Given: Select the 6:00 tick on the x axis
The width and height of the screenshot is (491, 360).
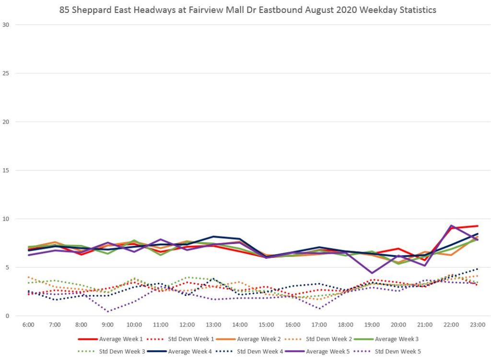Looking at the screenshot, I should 28,325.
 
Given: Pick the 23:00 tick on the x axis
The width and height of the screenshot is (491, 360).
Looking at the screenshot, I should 478,325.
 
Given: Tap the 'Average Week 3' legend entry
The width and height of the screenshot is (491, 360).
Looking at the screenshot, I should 396,339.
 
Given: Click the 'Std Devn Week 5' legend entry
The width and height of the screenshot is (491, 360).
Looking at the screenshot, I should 397,351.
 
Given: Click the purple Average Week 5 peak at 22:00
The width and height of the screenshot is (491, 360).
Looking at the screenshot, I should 451,225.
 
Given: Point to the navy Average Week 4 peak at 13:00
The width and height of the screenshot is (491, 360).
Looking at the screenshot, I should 213,236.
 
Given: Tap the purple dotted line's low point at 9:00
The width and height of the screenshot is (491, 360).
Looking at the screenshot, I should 108,312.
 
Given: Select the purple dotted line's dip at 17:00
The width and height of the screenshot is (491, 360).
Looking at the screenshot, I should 319,308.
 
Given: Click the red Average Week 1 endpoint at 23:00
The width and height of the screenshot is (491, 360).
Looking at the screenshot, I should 478,226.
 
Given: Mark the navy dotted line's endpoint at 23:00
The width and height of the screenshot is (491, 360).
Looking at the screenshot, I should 478,268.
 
